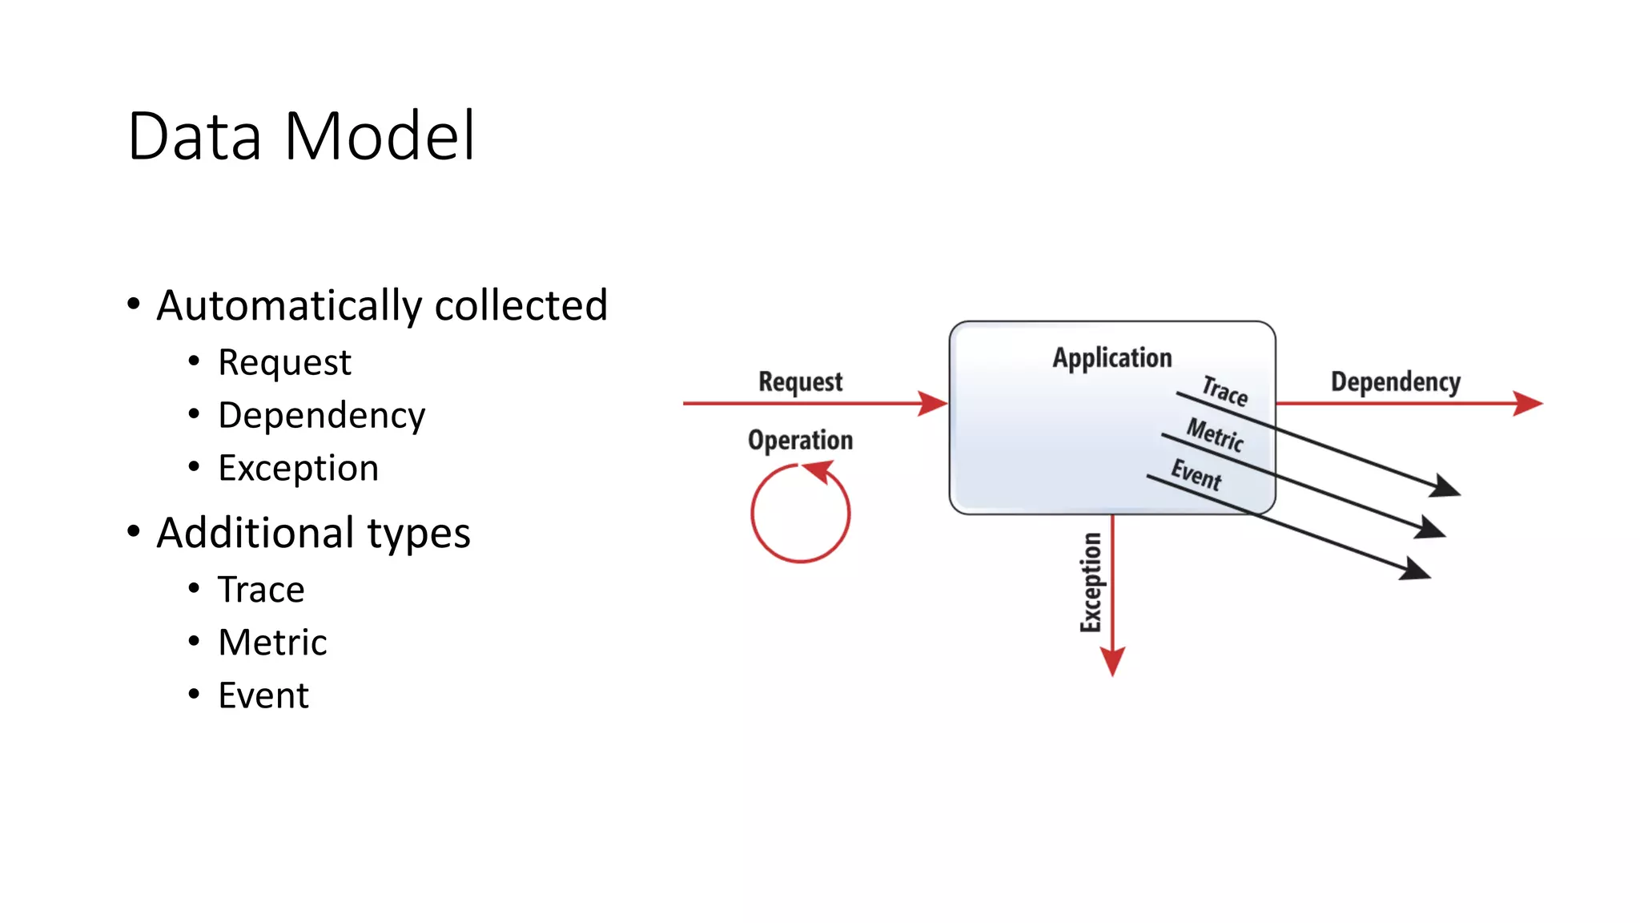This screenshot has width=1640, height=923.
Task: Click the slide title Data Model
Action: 301,136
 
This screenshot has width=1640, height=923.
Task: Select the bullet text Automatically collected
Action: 382,305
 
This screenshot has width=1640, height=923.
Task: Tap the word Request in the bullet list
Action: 284,362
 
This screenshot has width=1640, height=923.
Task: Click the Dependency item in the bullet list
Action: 321,415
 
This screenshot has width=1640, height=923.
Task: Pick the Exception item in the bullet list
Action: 298,468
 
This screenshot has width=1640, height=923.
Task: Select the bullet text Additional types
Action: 313,533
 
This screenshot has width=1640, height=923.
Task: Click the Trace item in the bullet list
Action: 261,590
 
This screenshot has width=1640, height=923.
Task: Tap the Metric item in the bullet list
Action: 272,643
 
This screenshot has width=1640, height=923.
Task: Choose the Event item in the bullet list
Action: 263,695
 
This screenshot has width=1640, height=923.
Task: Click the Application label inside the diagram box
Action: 1111,357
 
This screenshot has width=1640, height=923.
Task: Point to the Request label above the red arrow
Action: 800,381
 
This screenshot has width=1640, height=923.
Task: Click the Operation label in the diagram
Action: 800,440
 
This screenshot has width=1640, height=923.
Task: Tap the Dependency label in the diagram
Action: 1395,381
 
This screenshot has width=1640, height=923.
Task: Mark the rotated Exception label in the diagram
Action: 1091,582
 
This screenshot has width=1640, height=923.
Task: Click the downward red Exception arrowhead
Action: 1112,660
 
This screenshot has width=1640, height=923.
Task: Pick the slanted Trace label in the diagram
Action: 1224,391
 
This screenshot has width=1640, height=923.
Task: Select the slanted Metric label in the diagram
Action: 1215,435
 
